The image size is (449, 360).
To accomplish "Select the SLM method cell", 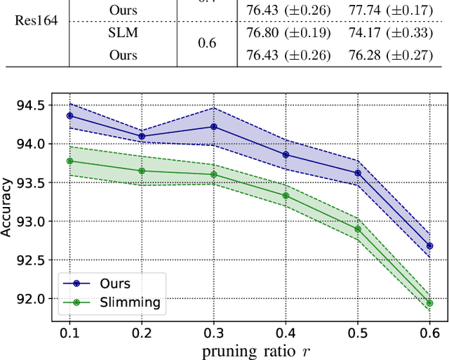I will click(123, 32).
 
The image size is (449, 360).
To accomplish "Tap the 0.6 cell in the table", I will click(206, 44).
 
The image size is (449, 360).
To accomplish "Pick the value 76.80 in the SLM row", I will click(262, 32).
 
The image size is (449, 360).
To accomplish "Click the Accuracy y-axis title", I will click(8, 207).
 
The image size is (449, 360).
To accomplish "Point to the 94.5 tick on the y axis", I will click(32, 105).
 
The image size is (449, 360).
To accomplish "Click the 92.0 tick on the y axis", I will click(32, 298).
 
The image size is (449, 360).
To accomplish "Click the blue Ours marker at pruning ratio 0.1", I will click(69, 115).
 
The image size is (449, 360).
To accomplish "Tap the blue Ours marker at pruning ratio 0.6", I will click(429, 246).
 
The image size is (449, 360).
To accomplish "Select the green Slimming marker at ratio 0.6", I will click(429, 303).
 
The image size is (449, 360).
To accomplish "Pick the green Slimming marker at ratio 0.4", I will click(286, 196).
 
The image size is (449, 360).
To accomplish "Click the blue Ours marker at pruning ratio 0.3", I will click(213, 126).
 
